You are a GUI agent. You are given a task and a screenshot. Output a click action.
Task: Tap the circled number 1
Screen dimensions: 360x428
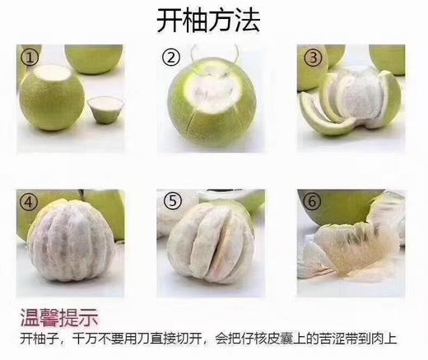tap(30, 58)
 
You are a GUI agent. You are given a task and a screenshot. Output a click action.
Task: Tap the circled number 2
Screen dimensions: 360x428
tap(171, 58)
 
